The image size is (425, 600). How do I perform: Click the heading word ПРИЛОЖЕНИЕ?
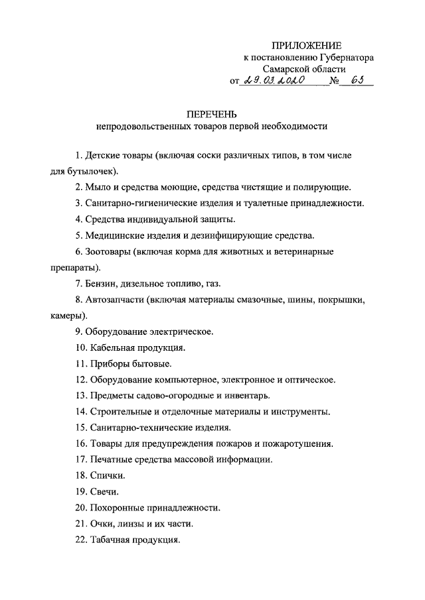[x=306, y=46]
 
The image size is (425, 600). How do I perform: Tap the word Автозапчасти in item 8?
[x=114, y=300]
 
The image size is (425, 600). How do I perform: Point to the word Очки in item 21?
[x=101, y=524]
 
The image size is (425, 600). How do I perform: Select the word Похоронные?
[x=119, y=508]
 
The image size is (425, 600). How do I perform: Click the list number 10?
[x=80, y=347]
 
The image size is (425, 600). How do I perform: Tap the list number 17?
[x=80, y=459]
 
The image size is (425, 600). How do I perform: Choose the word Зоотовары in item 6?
[x=108, y=252]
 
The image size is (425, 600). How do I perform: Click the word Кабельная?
[x=111, y=347]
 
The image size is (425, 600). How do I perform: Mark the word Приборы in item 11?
[x=106, y=363]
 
